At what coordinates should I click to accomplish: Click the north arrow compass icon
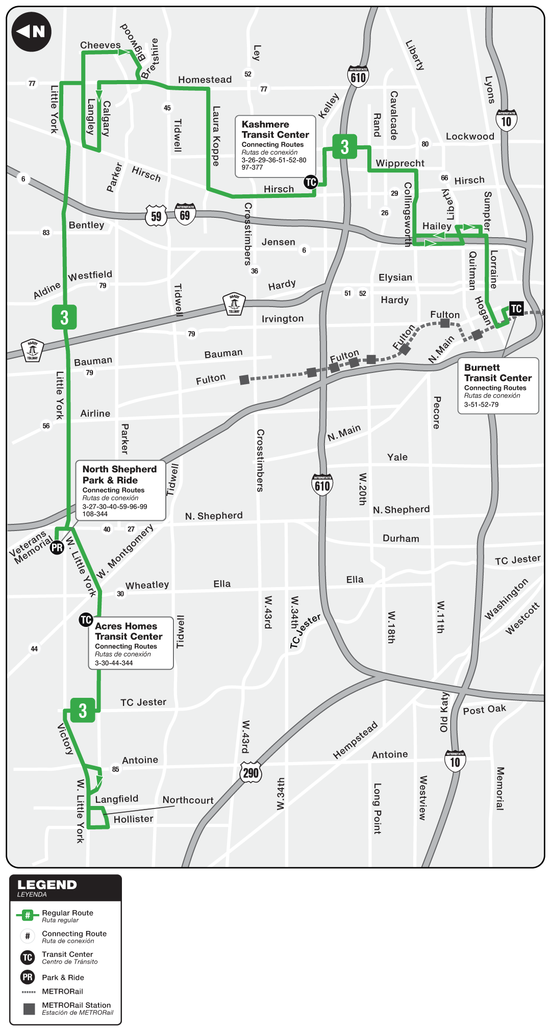pos(31,32)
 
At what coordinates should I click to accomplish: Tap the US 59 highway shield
pos(156,216)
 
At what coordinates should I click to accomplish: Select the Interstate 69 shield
pos(185,214)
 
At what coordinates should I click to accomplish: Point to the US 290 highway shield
pos(251,773)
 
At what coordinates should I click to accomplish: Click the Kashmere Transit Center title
pos(275,130)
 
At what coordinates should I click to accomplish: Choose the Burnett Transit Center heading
pos(497,373)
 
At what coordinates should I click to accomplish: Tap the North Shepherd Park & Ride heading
pos(119,474)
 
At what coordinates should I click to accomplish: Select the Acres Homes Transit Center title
pos(129,631)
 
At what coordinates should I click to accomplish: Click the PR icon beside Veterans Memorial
pos(57,547)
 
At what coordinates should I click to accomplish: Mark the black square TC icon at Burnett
pos(516,309)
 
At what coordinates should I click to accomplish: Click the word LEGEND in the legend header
pos(47,885)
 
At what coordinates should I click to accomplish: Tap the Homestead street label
pos(205,80)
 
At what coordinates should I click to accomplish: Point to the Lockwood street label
pos(470,136)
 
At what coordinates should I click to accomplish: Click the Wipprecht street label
pos(400,163)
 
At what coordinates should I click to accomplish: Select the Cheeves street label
pos(100,45)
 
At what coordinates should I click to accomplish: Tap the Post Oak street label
pos(484,710)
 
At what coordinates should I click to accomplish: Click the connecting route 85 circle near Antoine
pos(116,769)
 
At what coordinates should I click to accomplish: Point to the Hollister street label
pos(133,819)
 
